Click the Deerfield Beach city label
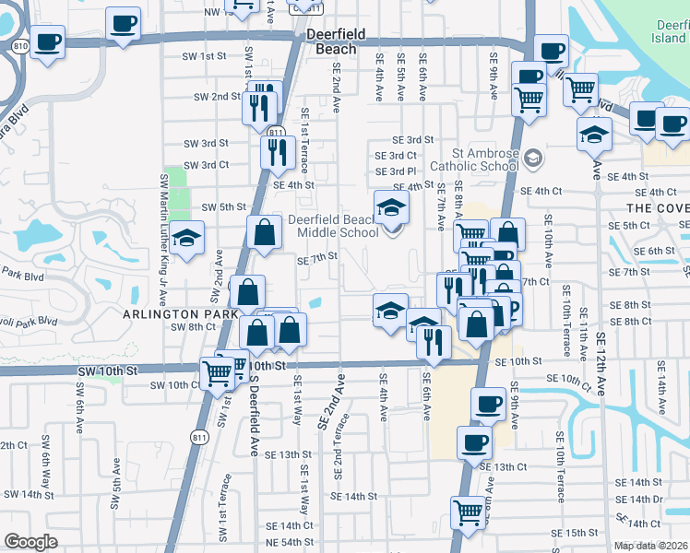[x=336, y=41]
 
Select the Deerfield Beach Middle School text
[x=332, y=227]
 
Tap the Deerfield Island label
[x=668, y=32]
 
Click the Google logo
[x=30, y=542]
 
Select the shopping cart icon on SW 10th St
[x=218, y=373]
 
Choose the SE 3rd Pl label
[x=395, y=171]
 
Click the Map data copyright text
[x=651, y=547]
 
